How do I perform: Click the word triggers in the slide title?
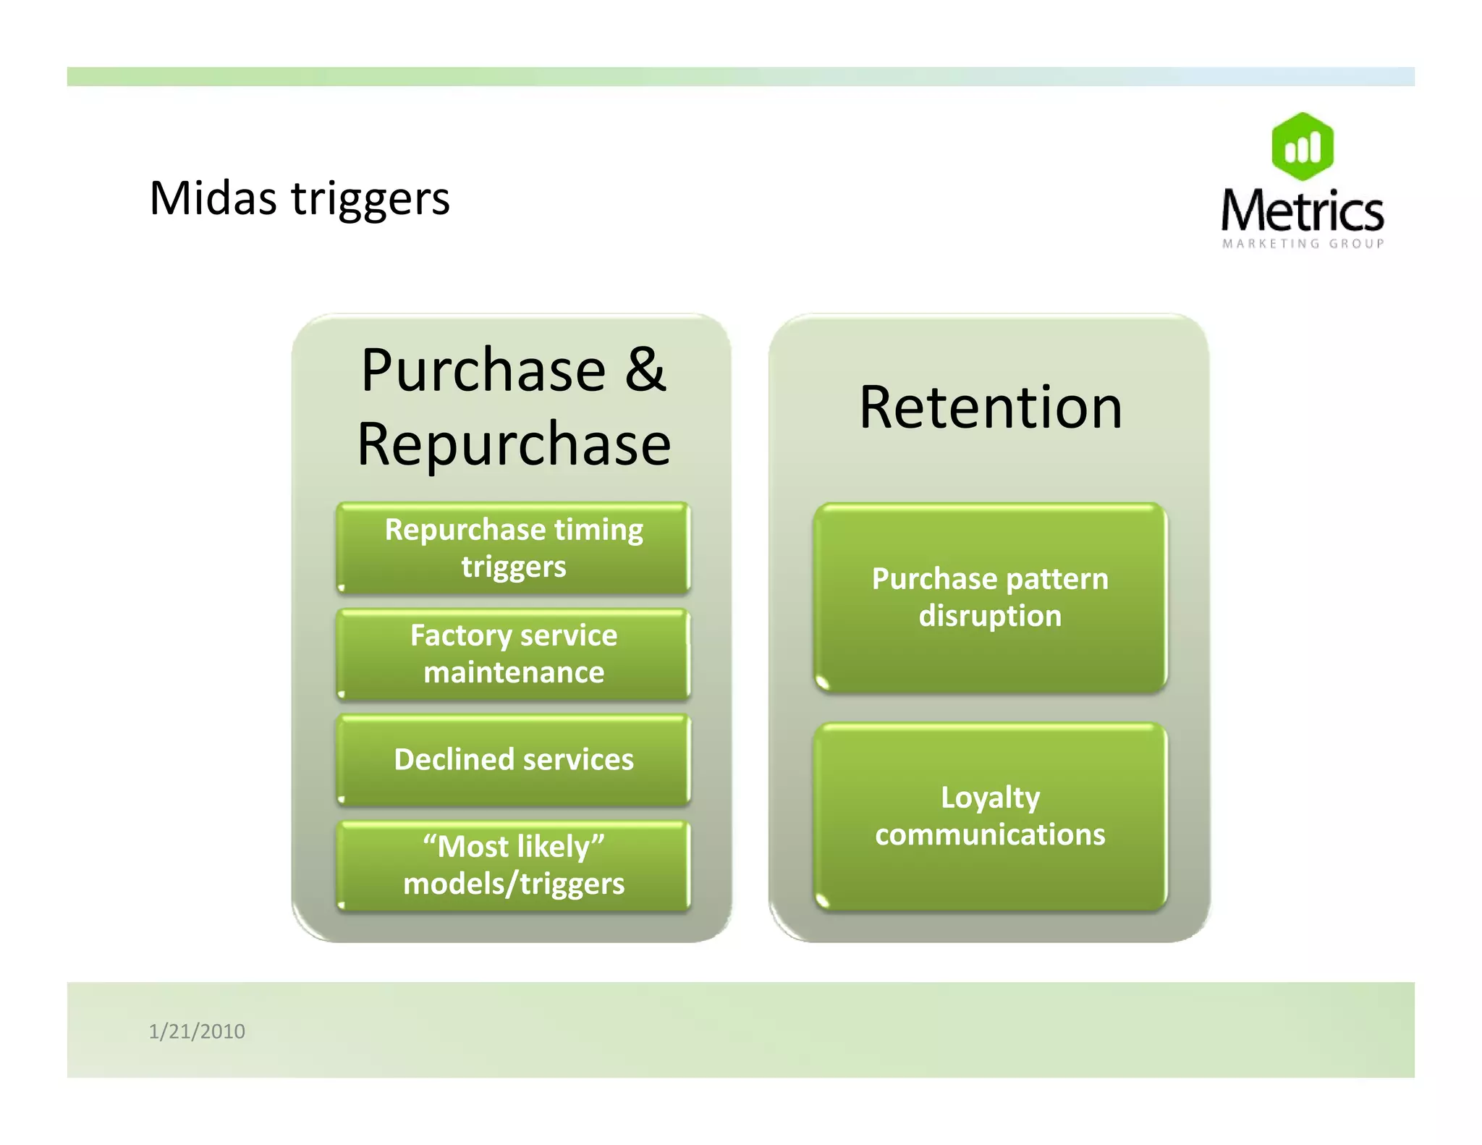point(370,200)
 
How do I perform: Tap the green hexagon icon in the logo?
point(1303,147)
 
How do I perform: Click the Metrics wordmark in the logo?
point(1303,211)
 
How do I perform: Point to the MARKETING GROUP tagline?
point(1303,244)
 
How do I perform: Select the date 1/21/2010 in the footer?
point(197,1031)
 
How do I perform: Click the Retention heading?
point(990,407)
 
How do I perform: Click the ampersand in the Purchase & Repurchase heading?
point(645,370)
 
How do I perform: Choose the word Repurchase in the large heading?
point(514,444)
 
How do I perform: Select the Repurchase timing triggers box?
point(513,548)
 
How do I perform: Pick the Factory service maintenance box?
point(513,654)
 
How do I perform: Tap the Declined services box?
point(513,760)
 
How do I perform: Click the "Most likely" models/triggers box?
point(513,865)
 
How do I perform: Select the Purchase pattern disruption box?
point(990,597)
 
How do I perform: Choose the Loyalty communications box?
point(990,816)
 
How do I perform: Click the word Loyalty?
point(990,798)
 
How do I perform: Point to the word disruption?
point(990,616)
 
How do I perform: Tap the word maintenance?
point(513,672)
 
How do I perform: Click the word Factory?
point(461,635)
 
